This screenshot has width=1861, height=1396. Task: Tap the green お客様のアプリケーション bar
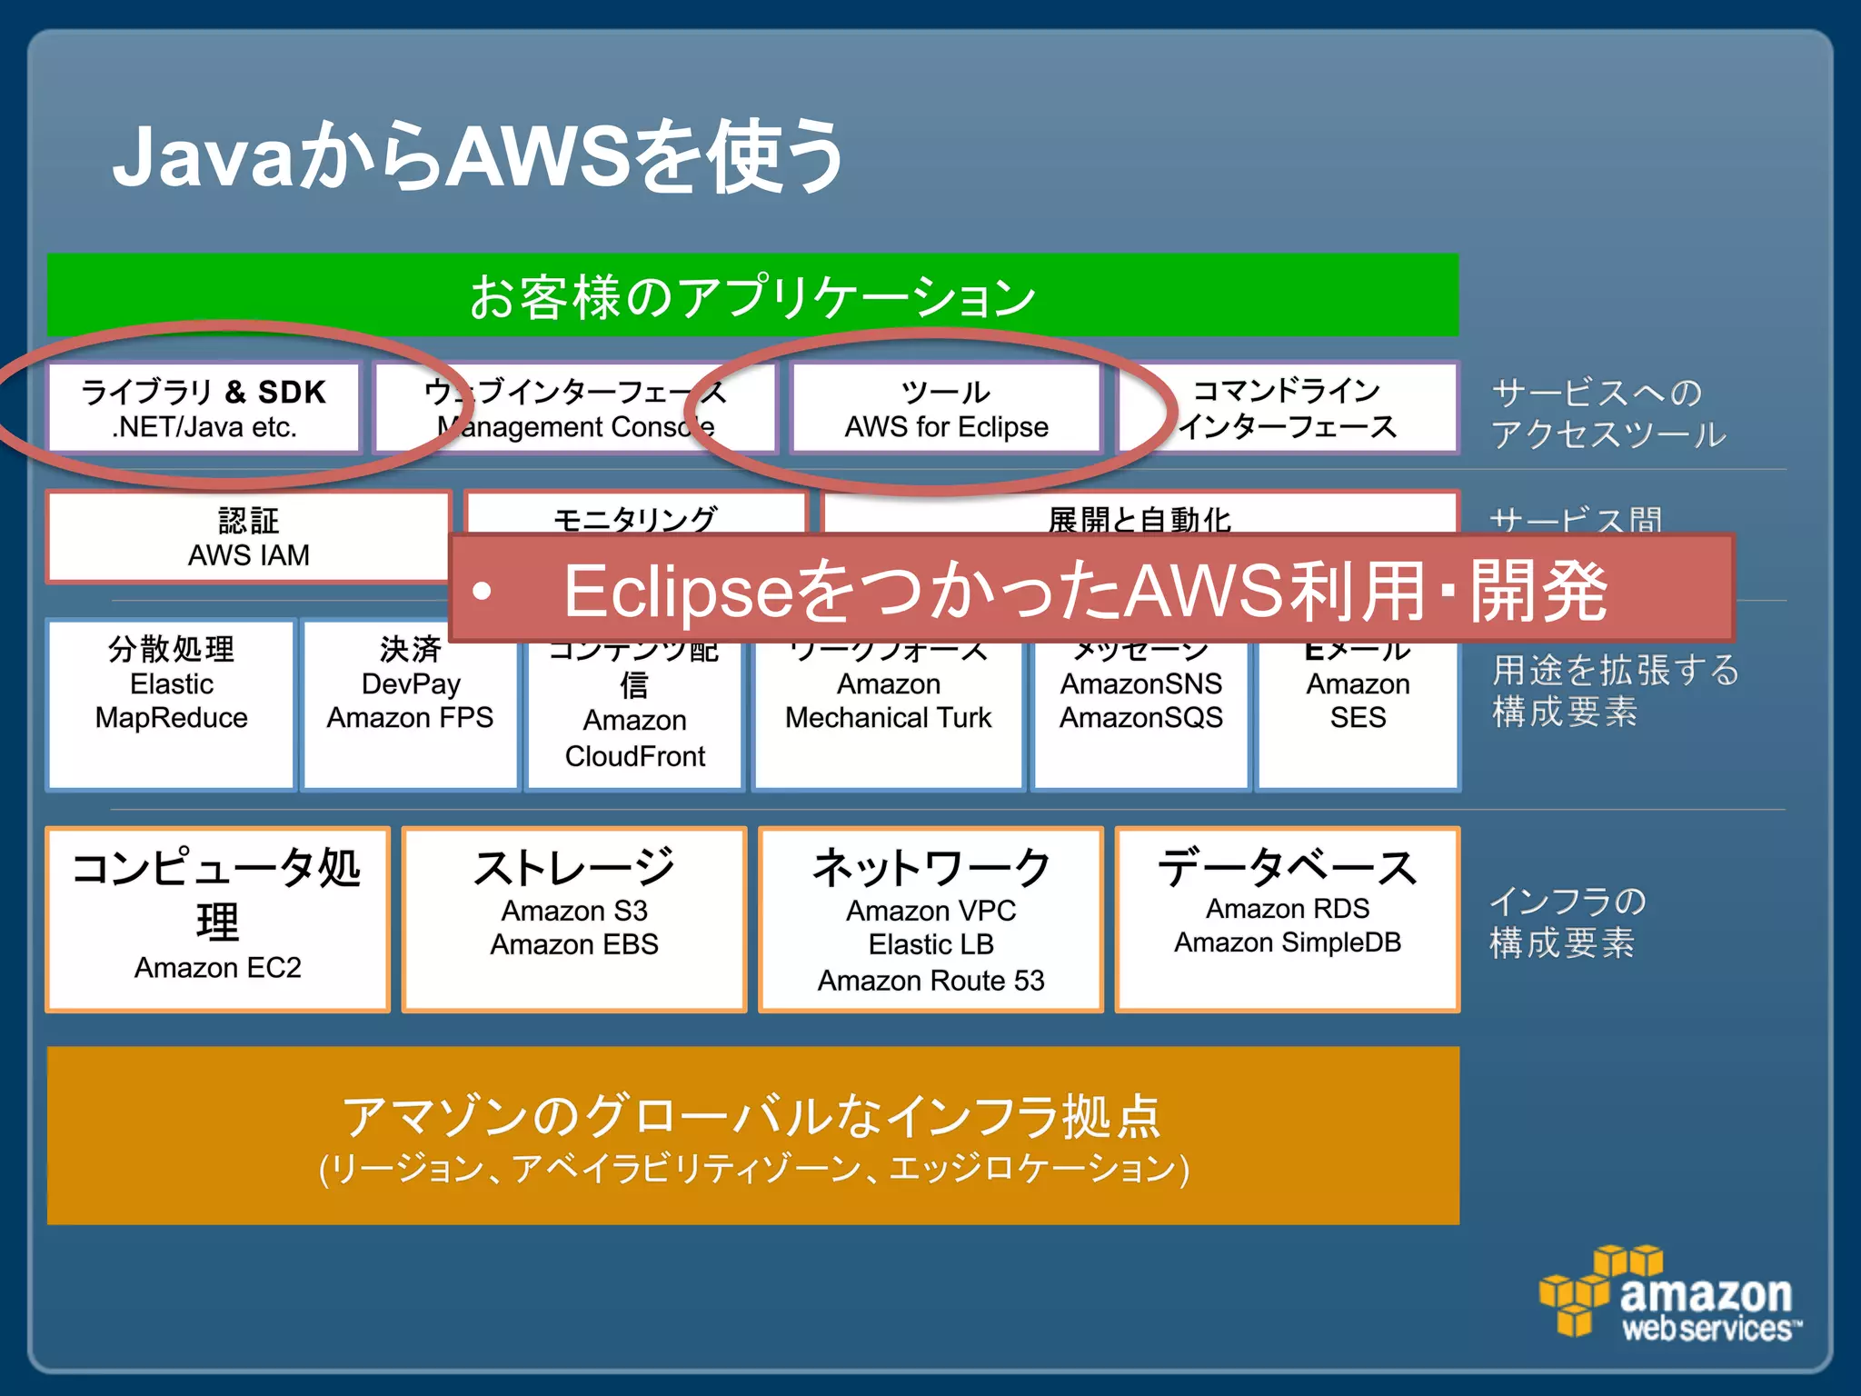point(752,295)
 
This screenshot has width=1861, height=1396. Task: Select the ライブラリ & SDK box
point(204,408)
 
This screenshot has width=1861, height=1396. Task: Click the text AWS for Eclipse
point(946,427)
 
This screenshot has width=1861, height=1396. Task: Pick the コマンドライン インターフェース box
point(1287,408)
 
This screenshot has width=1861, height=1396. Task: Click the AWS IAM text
point(248,555)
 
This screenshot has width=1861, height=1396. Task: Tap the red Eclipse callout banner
point(1090,590)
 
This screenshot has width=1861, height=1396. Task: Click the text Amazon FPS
point(410,718)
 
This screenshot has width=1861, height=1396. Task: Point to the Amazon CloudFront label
point(634,739)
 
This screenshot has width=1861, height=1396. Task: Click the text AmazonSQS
point(1140,718)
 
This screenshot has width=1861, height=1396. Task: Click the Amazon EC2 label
point(217,968)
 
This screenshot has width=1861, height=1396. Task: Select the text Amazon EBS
point(574,945)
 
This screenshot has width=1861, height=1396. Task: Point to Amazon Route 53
point(930,982)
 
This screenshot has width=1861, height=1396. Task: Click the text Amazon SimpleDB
point(1287,943)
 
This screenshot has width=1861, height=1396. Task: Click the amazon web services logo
point(1670,1295)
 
